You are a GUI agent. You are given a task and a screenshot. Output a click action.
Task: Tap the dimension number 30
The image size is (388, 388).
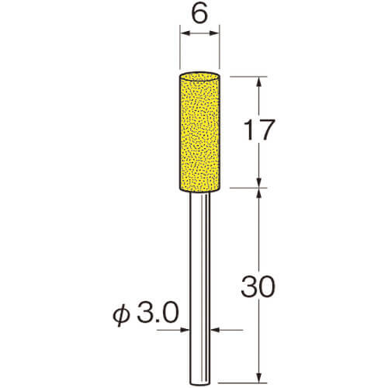258,286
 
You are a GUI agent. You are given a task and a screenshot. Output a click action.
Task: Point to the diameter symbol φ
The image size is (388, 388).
121,314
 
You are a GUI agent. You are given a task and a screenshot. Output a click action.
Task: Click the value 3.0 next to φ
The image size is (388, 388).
158,313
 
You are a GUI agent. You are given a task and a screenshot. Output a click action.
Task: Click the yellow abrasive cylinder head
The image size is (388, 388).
199,133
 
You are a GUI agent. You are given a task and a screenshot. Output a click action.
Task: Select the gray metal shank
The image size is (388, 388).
199,289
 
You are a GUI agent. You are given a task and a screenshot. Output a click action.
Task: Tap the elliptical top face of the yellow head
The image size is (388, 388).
199,78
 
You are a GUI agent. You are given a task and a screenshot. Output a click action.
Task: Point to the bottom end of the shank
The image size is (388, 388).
199,383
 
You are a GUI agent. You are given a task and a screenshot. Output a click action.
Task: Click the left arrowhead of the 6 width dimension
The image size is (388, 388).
185,33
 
